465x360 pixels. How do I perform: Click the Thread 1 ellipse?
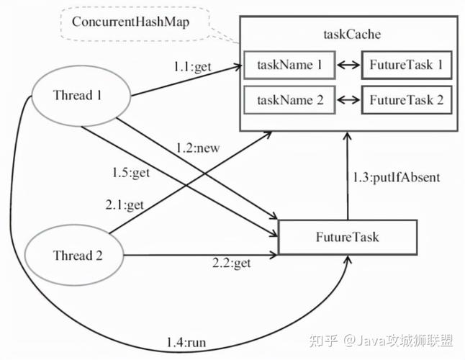pos(78,95)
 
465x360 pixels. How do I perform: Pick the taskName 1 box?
pos(289,66)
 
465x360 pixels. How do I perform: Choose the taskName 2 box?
pos(289,100)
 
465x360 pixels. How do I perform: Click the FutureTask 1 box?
pos(406,66)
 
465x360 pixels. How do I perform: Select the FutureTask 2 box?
pos(406,100)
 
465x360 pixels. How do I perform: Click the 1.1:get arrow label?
pos(190,66)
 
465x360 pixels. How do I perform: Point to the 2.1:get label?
pos(125,205)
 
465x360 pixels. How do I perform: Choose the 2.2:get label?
pos(231,264)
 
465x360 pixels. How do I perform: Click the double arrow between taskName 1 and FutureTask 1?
pos(348,66)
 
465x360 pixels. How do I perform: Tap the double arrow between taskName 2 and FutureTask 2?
pos(348,100)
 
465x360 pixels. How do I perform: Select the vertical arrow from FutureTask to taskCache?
pos(348,176)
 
